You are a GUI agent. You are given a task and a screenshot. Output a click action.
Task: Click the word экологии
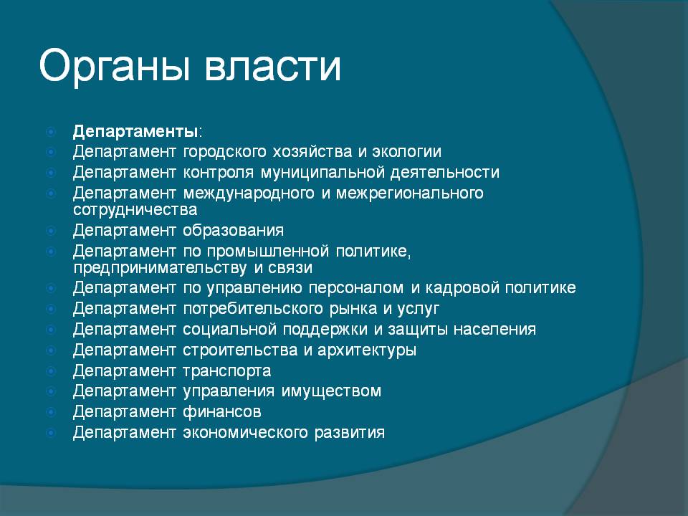tap(407, 151)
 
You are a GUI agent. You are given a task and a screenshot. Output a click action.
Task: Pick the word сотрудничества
tap(135, 210)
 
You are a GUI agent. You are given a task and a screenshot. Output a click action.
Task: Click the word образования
tap(234, 230)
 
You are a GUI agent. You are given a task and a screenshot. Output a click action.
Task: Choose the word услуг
tap(418, 309)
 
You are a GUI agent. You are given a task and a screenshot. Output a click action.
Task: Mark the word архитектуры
tap(367, 350)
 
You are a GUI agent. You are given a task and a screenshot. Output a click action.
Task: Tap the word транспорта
tap(227, 371)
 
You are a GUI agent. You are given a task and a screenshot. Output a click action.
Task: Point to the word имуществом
tap(331, 391)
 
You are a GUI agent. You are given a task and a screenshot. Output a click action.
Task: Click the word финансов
tap(222, 411)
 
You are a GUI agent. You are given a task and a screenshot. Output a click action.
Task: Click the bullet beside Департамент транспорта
tap(51, 371)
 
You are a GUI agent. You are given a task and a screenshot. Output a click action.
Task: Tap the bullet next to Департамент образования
tap(51, 230)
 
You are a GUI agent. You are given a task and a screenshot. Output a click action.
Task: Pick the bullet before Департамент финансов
tap(51, 411)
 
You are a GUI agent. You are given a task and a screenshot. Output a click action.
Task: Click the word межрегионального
tap(409, 193)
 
